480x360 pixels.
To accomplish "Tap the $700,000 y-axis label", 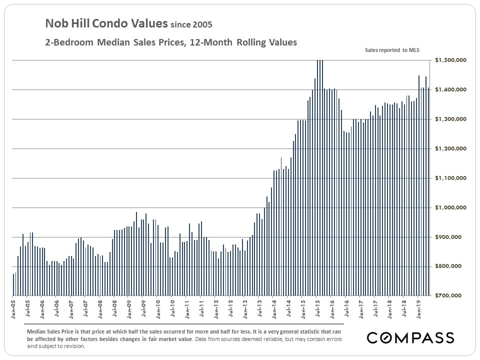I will (452, 295).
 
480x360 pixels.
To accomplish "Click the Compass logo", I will (410, 337).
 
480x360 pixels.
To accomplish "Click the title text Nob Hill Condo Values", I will (106, 23).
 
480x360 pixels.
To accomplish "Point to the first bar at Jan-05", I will (13, 285).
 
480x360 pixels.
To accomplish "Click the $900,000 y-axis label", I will (452, 237).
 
